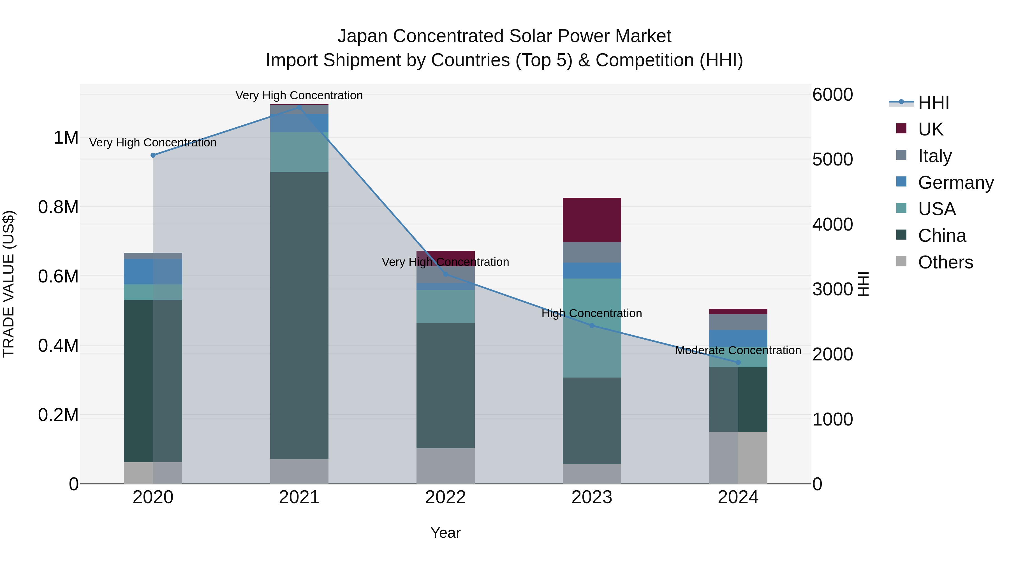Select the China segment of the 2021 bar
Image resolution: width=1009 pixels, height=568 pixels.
(x=299, y=316)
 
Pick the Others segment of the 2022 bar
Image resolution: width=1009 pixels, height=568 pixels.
(x=445, y=466)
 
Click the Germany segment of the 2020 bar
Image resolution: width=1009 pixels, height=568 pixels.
(x=153, y=272)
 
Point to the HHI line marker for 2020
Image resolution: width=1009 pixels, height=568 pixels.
(x=153, y=155)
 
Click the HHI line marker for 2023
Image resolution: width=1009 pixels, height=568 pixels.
(x=592, y=325)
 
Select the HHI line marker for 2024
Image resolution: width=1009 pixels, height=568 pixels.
(x=738, y=363)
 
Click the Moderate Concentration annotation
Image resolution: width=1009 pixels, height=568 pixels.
(x=738, y=350)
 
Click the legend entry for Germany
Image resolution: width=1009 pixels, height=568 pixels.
(x=956, y=183)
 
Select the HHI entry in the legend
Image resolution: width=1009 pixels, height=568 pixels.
(x=933, y=103)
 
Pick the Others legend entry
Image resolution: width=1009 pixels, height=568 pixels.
(x=945, y=262)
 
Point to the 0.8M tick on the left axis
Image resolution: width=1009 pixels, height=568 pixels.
(x=58, y=207)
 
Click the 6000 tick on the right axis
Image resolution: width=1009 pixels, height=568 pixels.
(x=832, y=95)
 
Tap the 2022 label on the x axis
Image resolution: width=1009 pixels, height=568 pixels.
(x=445, y=497)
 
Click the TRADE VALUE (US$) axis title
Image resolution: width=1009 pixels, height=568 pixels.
(x=9, y=284)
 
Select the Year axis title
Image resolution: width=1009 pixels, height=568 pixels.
(x=445, y=533)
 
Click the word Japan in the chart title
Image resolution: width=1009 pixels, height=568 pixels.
(x=362, y=36)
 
